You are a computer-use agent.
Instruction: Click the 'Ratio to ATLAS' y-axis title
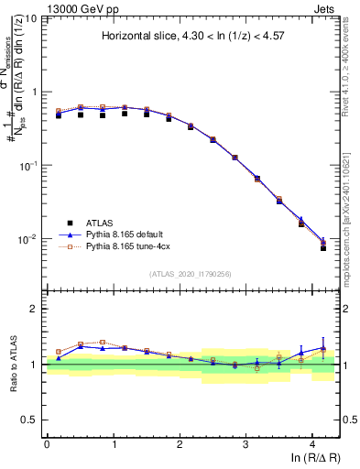coord(12,364)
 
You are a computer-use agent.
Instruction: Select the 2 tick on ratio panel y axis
coord(35,309)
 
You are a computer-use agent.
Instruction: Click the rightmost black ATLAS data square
coord(323,248)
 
